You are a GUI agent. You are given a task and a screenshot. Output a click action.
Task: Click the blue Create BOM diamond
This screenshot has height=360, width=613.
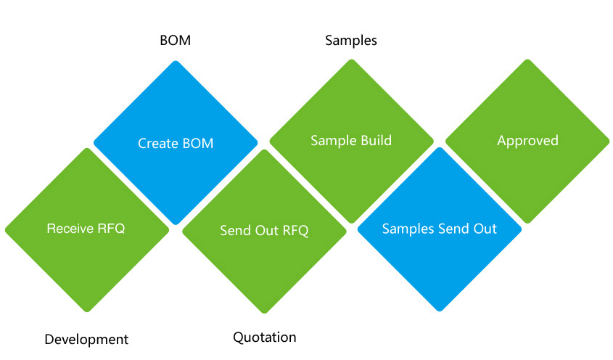tap(176, 143)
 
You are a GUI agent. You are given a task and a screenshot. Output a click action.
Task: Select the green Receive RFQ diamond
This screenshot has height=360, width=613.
tap(87, 230)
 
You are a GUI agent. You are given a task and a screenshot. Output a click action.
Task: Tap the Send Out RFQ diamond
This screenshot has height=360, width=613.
tap(264, 232)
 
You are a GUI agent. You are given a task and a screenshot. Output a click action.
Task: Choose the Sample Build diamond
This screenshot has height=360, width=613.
tap(351, 142)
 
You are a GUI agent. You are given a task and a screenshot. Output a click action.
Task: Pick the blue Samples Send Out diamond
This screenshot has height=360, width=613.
tap(440, 229)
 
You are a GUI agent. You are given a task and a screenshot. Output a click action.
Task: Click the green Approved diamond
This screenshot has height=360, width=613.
tap(527, 142)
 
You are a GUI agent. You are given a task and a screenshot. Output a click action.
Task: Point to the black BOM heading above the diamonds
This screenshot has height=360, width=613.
tap(175, 41)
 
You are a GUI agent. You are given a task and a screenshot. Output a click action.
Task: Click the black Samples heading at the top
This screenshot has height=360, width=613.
tap(351, 41)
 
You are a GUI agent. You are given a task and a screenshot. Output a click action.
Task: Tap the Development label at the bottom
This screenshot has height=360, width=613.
tap(86, 339)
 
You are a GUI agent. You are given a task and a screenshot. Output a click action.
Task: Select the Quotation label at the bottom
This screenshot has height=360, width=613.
tap(265, 337)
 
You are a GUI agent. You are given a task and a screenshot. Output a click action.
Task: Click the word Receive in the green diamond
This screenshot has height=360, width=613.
tap(70, 228)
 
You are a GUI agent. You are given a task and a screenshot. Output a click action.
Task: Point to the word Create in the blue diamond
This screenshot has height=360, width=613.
tap(155, 143)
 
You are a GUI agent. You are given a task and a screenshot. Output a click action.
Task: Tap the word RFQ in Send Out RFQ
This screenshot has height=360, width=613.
tap(295, 231)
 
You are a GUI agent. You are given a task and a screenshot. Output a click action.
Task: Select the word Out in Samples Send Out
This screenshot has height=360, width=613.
tap(485, 229)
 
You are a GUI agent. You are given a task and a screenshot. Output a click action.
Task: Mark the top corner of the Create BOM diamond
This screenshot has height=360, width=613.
tap(176, 61)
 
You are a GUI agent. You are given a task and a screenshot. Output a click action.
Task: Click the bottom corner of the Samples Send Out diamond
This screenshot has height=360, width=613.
tap(440, 311)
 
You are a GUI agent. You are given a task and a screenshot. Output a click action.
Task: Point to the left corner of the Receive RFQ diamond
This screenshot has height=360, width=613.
tap(5, 230)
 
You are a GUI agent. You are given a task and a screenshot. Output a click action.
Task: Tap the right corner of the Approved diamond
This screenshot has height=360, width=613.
tap(609, 142)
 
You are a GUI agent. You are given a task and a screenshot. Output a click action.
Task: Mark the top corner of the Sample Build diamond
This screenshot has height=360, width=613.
tap(351, 60)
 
